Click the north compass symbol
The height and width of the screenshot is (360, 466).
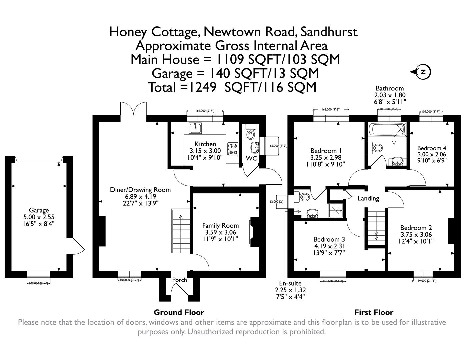coord(422,72)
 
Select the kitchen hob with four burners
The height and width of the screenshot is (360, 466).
coord(232,149)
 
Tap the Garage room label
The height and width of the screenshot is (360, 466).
coord(39,210)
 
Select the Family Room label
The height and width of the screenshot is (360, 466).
coord(220,225)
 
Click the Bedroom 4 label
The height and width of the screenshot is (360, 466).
coord(432,148)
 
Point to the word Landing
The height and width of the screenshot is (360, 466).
coord(368,198)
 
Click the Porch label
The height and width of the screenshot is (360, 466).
coord(179,280)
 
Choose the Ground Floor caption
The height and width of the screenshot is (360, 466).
coord(179,312)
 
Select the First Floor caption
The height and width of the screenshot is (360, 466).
coord(374,312)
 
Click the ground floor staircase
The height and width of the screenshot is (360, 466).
coord(181,232)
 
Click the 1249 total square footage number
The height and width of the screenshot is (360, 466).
coord(203,87)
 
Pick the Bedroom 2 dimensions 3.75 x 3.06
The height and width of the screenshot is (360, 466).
coord(416,234)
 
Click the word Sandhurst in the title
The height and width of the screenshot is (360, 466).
coord(329,32)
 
